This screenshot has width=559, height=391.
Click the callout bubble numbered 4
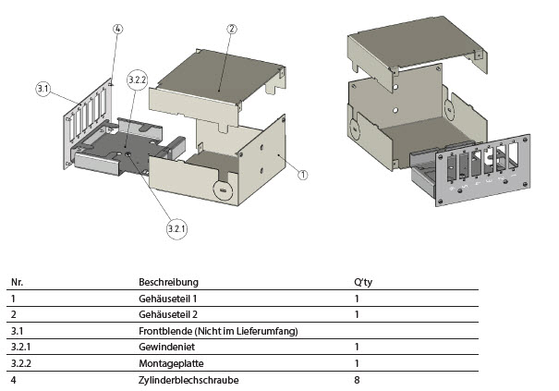click(x=117, y=30)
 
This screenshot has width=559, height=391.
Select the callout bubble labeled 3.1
click(x=43, y=89)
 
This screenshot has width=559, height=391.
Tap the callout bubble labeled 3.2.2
click(x=137, y=80)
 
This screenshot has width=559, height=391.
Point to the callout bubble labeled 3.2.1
click(x=176, y=226)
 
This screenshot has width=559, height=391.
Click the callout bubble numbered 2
click(x=231, y=30)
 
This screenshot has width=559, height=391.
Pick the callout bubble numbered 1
click(x=303, y=173)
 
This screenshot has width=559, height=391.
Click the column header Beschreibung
click(x=168, y=282)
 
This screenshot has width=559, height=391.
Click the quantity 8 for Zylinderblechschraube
click(x=357, y=380)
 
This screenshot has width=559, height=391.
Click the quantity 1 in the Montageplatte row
click(x=357, y=363)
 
